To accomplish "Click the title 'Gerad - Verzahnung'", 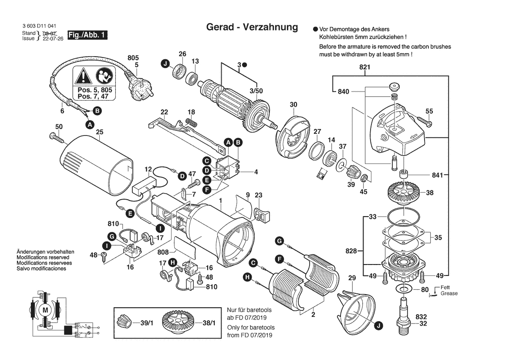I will click(252, 27).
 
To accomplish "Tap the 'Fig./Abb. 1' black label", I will click(87, 35).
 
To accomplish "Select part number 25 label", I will click(99, 132).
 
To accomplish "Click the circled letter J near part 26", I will click(165, 65).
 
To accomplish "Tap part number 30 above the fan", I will click(293, 105).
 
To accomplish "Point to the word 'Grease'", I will click(449, 293).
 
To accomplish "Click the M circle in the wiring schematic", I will click(45, 309).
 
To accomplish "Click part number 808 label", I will click(163, 252).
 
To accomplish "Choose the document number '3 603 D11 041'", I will click(39, 27).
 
